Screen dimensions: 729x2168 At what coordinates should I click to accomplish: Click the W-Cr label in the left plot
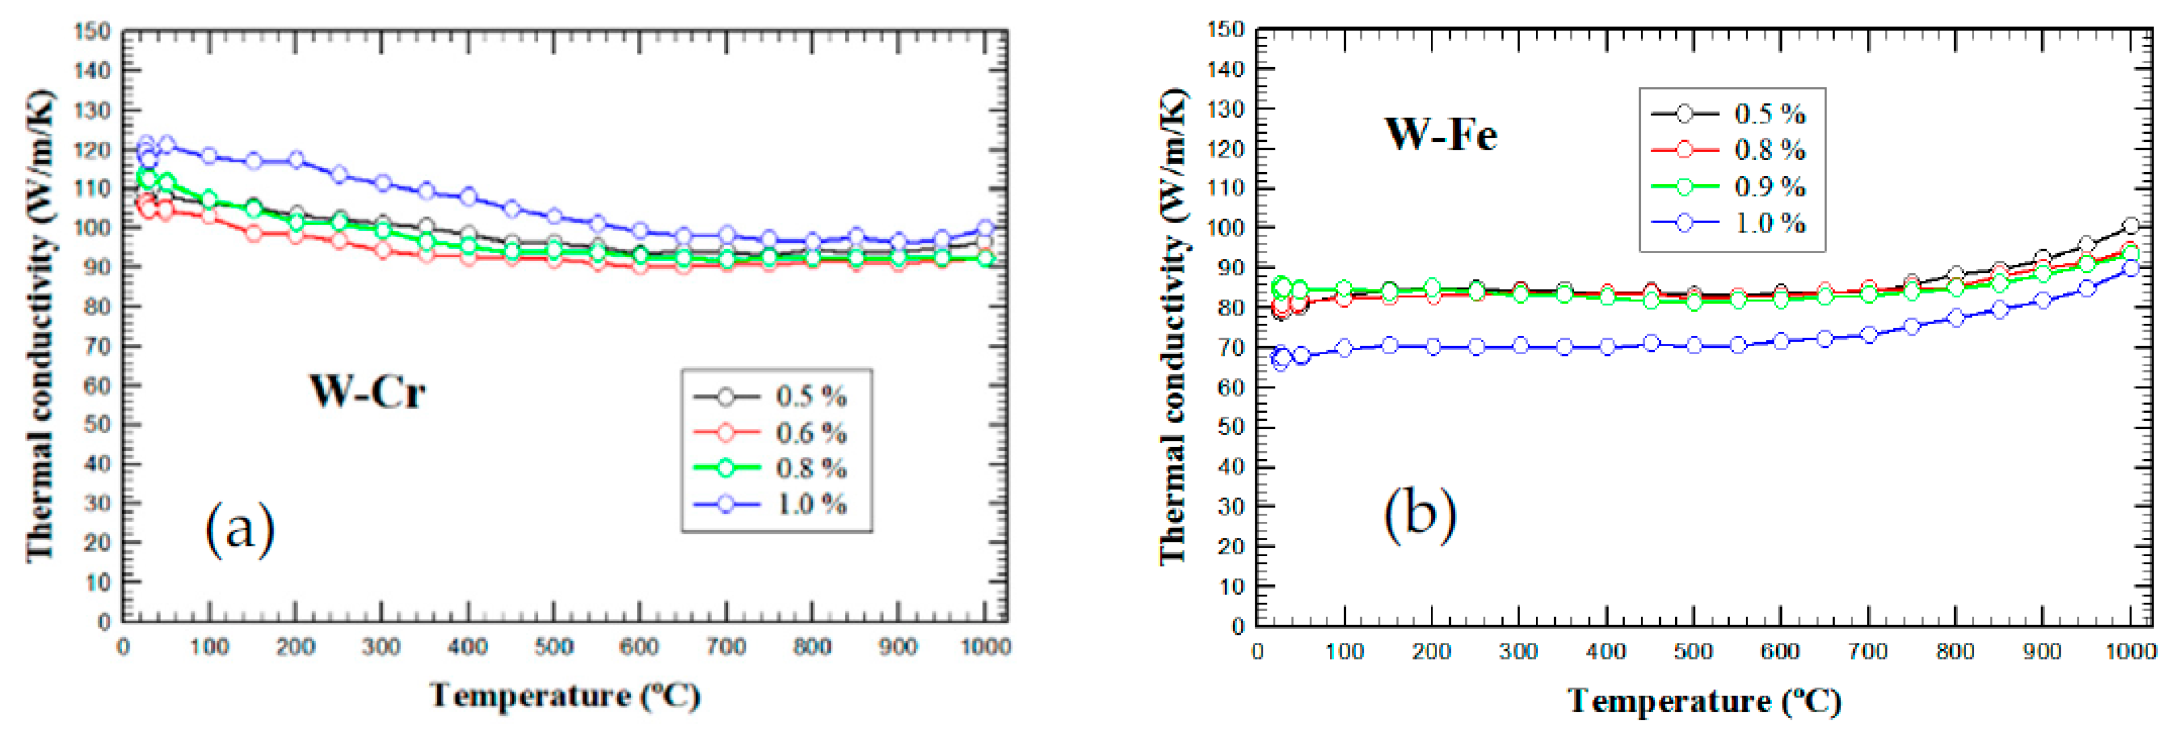pyautogui.click(x=368, y=391)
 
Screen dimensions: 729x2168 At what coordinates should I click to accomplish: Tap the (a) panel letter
pyautogui.click(x=240, y=528)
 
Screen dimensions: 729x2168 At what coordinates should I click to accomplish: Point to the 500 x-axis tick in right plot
pyautogui.click(x=1692, y=652)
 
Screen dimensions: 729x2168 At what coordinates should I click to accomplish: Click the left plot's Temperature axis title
pyautogui.click(x=565, y=695)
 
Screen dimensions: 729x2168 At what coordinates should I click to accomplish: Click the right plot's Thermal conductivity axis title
pyautogui.click(x=1173, y=327)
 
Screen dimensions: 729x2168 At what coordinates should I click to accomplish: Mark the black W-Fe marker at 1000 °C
pyautogui.click(x=2130, y=226)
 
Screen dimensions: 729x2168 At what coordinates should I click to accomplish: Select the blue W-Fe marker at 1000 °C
pyautogui.click(x=2130, y=269)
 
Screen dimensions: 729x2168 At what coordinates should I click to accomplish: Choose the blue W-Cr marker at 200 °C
pyautogui.click(x=296, y=159)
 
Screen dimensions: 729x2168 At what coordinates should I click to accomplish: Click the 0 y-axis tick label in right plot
pyautogui.click(x=1237, y=626)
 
